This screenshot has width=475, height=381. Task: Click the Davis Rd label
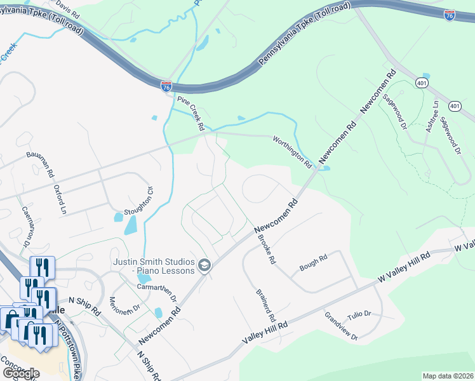pos(67,8)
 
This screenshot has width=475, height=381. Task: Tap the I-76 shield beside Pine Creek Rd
pos(166,86)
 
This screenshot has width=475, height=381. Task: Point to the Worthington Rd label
pos(293,152)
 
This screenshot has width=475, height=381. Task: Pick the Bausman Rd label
pos(41,164)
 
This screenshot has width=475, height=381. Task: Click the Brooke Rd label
pos(266,248)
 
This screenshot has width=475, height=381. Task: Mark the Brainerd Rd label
pos(265,305)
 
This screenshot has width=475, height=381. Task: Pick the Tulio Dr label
pos(359,315)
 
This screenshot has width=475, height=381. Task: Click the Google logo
pos(20,373)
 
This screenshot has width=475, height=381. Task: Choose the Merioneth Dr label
pos(124,305)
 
